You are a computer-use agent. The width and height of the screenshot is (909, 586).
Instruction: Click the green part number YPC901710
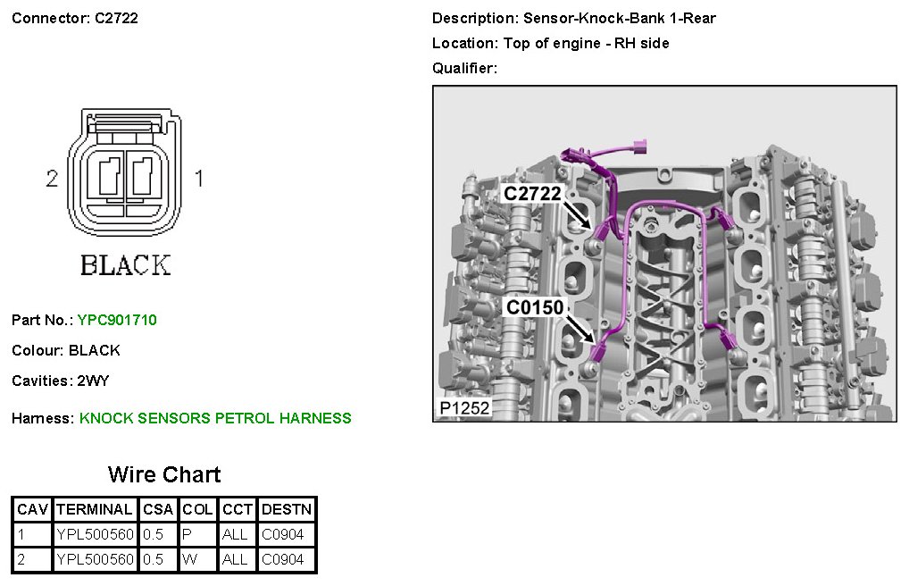[117, 320]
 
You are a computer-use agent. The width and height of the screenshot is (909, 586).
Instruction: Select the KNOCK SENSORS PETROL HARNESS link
[215, 418]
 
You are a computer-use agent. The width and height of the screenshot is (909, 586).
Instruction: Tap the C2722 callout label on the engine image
[531, 194]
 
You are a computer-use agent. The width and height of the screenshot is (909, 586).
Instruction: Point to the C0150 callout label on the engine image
[535, 308]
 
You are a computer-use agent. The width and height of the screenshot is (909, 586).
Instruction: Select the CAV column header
[32, 509]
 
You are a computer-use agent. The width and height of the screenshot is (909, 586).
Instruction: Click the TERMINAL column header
[95, 509]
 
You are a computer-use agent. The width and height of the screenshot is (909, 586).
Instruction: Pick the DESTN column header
[287, 509]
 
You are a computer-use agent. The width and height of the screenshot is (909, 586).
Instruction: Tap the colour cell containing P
[187, 535]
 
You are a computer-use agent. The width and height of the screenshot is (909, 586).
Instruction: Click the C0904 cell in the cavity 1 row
[283, 535]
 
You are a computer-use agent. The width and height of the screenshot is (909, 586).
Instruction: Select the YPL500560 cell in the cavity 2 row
[95, 560]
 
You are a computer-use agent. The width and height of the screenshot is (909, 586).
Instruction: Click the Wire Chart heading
[164, 474]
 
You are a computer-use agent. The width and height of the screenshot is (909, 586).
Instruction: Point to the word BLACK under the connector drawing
[125, 265]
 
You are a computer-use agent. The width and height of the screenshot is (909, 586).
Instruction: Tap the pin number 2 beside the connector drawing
[52, 179]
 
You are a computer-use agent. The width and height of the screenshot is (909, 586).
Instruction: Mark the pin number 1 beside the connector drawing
[199, 179]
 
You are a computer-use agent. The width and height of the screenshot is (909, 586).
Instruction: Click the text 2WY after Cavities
[93, 381]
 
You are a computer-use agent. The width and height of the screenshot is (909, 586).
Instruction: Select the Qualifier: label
[464, 68]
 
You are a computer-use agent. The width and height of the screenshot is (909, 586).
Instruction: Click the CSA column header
[158, 509]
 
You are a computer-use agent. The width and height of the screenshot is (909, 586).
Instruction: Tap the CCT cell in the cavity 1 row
[235, 535]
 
